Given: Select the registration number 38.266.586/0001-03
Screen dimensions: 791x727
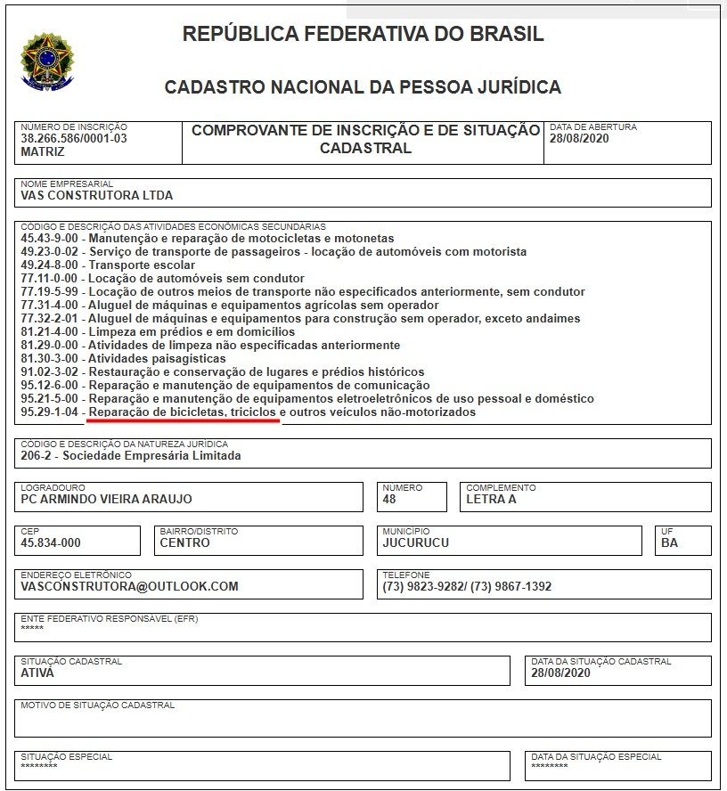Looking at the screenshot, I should [x=74, y=138].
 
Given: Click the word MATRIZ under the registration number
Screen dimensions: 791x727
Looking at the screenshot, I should [x=43, y=151].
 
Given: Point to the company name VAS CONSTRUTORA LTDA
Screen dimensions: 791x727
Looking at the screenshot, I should [x=96, y=195].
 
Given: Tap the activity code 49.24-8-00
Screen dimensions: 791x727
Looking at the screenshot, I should [x=52, y=265].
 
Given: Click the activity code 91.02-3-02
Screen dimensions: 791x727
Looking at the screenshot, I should [x=52, y=371].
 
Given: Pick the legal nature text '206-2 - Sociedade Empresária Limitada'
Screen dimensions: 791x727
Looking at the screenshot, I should [x=130, y=456].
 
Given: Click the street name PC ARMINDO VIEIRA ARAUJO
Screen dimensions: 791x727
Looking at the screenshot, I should [x=106, y=499].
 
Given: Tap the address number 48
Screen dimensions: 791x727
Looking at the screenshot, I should [x=389, y=499].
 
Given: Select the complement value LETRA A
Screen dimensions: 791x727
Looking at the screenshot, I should [x=491, y=499].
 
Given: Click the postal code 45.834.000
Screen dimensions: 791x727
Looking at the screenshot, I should [x=51, y=542].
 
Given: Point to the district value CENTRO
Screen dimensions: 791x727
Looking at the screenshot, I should [x=185, y=542].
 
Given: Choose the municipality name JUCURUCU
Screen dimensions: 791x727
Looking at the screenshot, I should [x=415, y=542].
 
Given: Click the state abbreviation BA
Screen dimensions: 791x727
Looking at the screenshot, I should [x=669, y=542].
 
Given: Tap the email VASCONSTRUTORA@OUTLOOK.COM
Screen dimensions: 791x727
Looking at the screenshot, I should [x=129, y=586].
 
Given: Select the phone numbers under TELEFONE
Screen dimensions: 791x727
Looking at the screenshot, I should [x=467, y=586].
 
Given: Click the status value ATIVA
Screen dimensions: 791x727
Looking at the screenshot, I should [x=37, y=673].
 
